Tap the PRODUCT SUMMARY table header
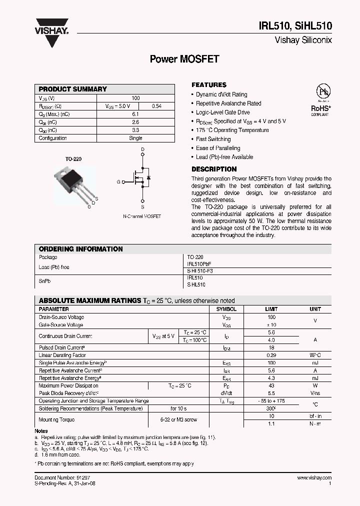[73, 89]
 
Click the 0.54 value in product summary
[156, 106]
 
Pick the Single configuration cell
[135, 138]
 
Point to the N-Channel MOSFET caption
[142, 216]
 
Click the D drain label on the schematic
[142, 149]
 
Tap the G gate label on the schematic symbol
[118, 182]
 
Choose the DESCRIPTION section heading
[214, 169]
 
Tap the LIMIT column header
[271, 309]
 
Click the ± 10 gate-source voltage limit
[271, 325]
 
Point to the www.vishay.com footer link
[314, 478]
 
